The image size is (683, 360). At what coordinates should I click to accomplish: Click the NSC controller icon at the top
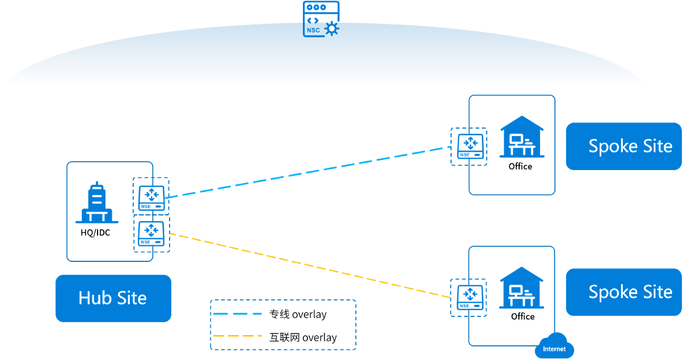pos(321,19)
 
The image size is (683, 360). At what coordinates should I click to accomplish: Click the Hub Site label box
pos(113,298)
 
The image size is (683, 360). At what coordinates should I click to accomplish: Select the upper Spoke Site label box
pos(623,146)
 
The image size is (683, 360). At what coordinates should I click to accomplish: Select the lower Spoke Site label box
pos(623,292)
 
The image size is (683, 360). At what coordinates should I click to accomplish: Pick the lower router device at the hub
pos(151,234)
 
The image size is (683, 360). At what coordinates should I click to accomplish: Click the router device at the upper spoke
pos(470,146)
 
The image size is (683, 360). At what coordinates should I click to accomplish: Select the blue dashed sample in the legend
pos(237,314)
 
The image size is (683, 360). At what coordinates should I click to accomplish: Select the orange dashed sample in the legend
pos(237,336)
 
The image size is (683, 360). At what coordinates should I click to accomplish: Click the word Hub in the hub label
pos(92,298)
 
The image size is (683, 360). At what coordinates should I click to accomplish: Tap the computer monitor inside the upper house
pos(516,139)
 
